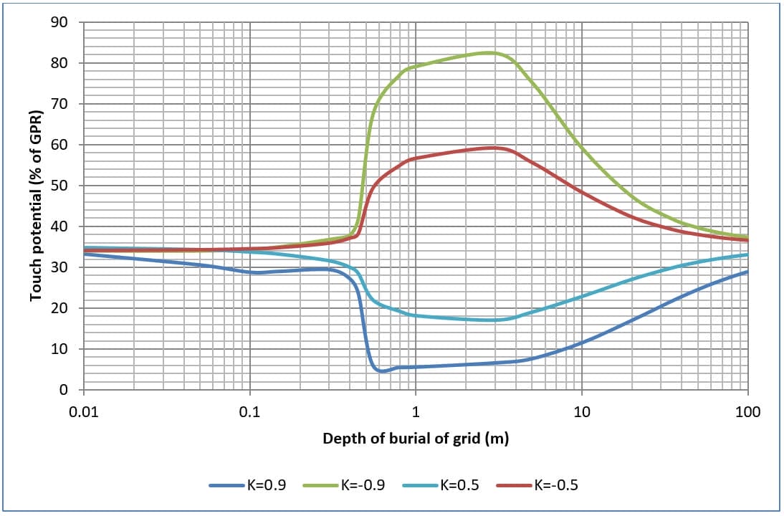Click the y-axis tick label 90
pyautogui.click(x=59, y=22)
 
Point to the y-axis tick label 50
pyautogui.click(x=59, y=186)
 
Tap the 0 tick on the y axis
pyautogui.click(x=63, y=390)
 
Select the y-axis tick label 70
pyautogui.click(x=59, y=104)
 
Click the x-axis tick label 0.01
pyautogui.click(x=84, y=413)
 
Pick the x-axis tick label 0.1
pyautogui.click(x=250, y=413)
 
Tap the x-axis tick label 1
pyautogui.click(x=416, y=413)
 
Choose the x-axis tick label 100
pyautogui.click(x=747, y=413)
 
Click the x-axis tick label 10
pyautogui.click(x=581, y=413)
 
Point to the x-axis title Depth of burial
pyautogui.click(x=416, y=439)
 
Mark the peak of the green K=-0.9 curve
pyautogui.click(x=489, y=52)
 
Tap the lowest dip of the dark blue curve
pyautogui.click(x=382, y=371)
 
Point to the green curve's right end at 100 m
pyautogui.click(x=747, y=236)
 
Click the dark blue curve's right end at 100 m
pyautogui.click(x=747, y=272)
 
